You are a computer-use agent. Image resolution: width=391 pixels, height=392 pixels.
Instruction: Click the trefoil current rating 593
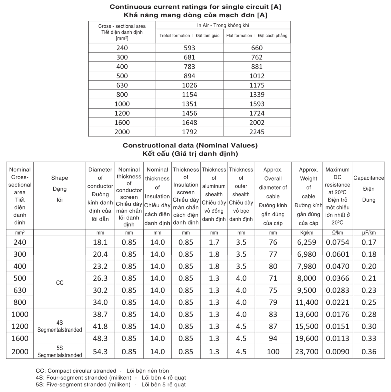click(189, 48)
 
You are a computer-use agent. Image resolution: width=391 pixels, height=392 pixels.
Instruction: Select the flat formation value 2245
click(257, 132)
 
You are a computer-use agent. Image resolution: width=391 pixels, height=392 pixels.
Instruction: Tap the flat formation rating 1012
click(257, 76)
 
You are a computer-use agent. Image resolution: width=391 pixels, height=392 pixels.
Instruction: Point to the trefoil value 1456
click(189, 113)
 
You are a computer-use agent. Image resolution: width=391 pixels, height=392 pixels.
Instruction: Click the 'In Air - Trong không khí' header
click(223, 25)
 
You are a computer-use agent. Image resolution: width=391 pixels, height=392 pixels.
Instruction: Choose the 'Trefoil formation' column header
click(189, 36)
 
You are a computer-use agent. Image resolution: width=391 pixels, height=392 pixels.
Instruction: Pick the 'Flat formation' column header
click(257, 36)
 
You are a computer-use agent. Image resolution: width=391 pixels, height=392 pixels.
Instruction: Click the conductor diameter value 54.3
click(100, 352)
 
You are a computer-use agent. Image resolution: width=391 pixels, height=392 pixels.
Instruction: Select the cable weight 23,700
click(307, 352)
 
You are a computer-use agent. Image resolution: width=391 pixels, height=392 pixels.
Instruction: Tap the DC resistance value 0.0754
click(337, 242)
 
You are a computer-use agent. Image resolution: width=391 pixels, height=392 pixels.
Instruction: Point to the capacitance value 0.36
click(369, 352)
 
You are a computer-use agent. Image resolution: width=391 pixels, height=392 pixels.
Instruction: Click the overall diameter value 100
click(273, 352)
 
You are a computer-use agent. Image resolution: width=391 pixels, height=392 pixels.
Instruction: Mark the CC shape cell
click(60, 283)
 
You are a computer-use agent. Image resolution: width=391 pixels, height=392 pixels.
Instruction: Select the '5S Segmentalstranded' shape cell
click(60, 352)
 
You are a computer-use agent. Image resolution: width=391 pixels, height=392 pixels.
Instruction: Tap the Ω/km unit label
click(337, 233)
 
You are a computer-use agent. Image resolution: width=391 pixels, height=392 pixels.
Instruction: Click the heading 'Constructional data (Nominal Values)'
click(190, 146)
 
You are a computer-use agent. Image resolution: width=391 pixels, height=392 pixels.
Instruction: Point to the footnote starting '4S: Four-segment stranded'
click(111, 378)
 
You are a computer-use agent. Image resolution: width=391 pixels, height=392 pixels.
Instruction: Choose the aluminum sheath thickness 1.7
click(214, 242)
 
